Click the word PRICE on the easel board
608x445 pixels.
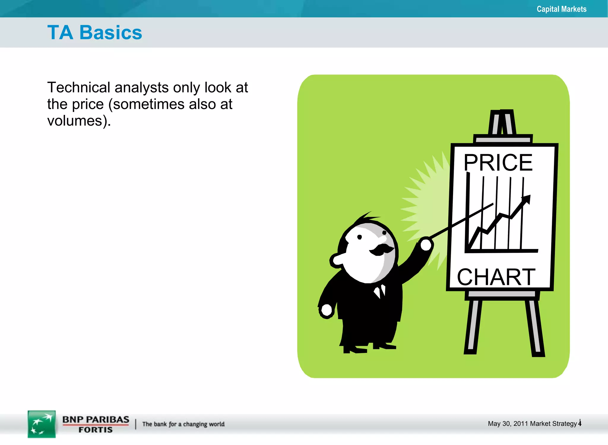pyautogui.click(x=498, y=162)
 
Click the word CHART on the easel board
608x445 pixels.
pyautogui.click(x=496, y=277)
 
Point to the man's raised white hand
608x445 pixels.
pyautogui.click(x=426, y=244)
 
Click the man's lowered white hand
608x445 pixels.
pyautogui.click(x=327, y=310)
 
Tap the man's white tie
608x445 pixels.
pyautogui.click(x=380, y=291)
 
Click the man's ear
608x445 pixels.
pyautogui.click(x=338, y=260)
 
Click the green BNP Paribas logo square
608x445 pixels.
pyautogui.click(x=42, y=424)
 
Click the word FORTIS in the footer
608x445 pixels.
pyautogui.click(x=95, y=430)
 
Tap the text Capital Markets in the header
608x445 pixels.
pyautogui.click(x=561, y=9)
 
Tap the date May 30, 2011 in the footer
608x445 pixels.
pyautogui.click(x=508, y=424)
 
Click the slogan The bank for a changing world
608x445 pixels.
pyautogui.click(x=183, y=424)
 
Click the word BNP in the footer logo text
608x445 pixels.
pyautogui.click(x=73, y=419)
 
